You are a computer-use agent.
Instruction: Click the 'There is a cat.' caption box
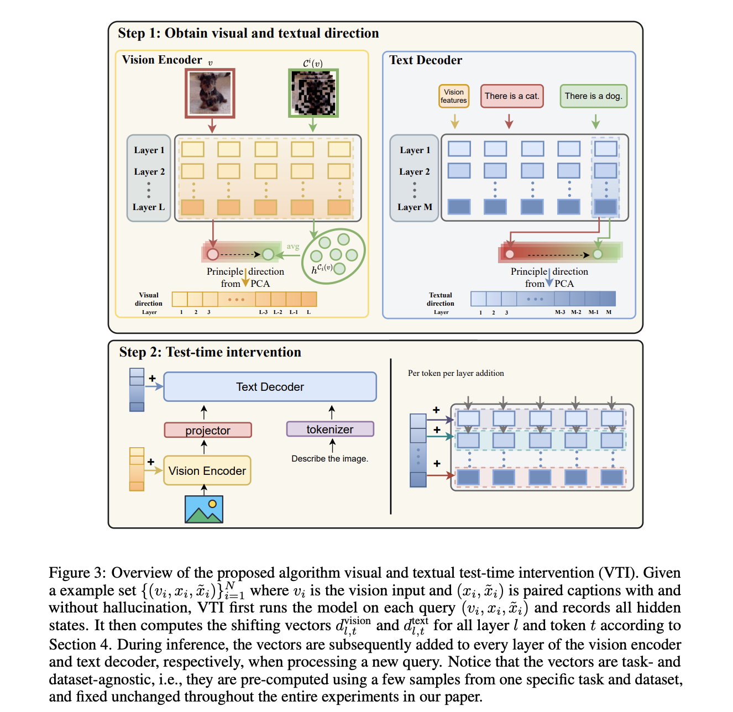[512, 96]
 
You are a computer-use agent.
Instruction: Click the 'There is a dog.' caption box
[593, 96]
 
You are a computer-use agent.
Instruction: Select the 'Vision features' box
[454, 96]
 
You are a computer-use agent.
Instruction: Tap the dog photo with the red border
[210, 93]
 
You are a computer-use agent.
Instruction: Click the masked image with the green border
[313, 93]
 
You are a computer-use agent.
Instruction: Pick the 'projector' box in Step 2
[208, 430]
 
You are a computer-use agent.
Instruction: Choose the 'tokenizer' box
[330, 429]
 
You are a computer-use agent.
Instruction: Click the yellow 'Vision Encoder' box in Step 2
[207, 471]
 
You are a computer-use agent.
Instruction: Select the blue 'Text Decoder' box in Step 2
[270, 387]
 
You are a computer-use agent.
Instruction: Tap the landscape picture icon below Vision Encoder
[204, 509]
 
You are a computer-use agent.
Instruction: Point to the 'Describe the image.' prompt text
[329, 459]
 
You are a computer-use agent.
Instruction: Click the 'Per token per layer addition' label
[455, 373]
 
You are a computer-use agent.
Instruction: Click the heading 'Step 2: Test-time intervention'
[210, 352]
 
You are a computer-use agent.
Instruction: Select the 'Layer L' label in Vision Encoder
[148, 207]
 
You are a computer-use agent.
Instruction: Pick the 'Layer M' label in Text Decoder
[415, 207]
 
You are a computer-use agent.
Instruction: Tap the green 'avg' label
[293, 247]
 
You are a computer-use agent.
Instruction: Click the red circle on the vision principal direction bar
[212, 254]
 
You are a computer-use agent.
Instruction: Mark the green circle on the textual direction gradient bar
[598, 254]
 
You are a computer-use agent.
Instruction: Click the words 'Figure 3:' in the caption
[77, 573]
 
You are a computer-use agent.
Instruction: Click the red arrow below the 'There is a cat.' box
[509, 122]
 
